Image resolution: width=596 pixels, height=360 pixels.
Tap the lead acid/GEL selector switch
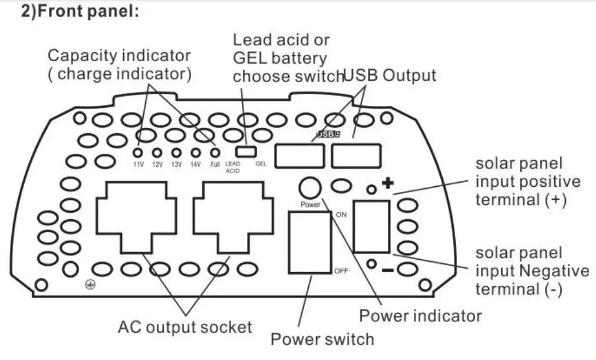tap(246, 151)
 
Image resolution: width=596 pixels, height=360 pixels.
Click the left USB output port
tap(299, 156)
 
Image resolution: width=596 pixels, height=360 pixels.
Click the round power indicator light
tap(310, 189)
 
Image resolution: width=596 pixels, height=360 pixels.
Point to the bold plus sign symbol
tap(388, 184)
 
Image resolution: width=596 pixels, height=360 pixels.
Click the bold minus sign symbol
tap(387, 270)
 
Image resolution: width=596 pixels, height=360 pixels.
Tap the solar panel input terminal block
tap(371, 227)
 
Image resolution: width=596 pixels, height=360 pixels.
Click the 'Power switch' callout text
tap(322, 339)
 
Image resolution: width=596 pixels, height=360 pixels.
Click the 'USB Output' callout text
tap(390, 75)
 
